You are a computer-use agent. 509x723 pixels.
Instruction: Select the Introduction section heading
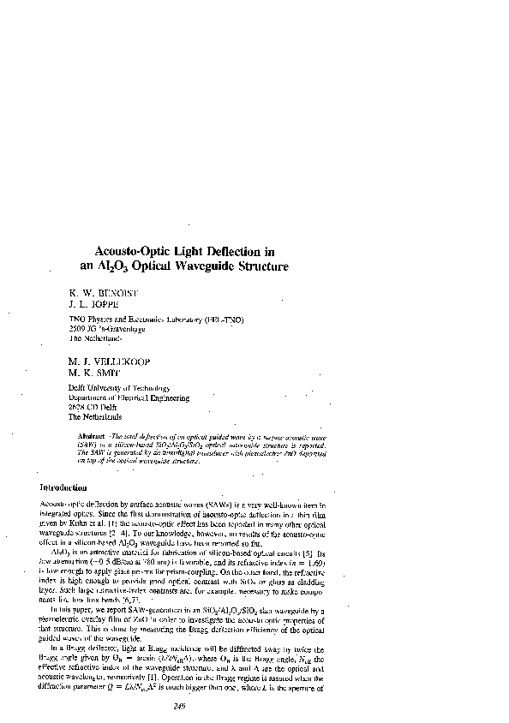pos(68,487)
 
